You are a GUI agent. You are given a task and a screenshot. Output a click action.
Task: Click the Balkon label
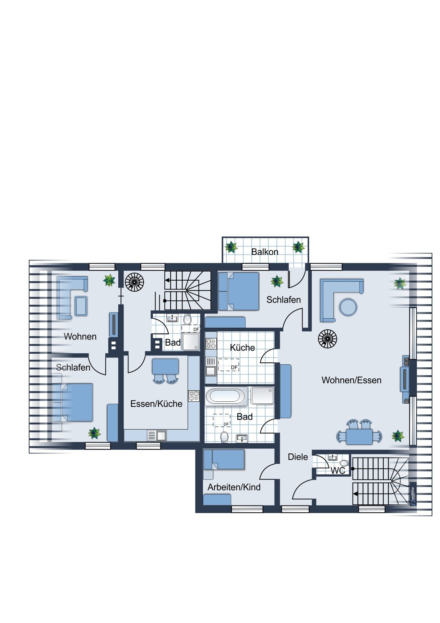[265, 252]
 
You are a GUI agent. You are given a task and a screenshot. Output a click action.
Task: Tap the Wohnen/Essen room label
[351, 380]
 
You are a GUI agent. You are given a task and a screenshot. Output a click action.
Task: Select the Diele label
[298, 457]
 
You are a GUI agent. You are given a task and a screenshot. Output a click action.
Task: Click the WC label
[338, 470]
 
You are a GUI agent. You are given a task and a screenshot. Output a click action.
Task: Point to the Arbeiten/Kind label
[234, 487]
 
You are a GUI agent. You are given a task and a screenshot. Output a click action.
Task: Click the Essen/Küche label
[156, 404]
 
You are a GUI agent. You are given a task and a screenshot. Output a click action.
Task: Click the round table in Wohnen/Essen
[348, 307]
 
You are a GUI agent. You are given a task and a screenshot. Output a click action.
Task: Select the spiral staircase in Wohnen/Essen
[327, 339]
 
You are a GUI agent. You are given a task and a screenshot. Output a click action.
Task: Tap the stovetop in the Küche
[211, 344]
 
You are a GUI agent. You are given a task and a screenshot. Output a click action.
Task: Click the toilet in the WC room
[344, 463]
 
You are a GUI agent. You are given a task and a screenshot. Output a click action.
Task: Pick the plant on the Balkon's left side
[231, 247]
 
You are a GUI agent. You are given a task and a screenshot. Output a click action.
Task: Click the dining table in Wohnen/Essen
[359, 436]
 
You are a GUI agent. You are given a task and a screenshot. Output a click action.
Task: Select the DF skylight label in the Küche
[234, 367]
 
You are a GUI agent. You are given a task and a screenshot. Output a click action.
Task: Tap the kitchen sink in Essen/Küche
[157, 435]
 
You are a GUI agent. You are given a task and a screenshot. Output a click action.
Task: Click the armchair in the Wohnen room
[81, 306]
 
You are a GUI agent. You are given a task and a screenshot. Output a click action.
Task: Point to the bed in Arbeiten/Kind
[224, 460]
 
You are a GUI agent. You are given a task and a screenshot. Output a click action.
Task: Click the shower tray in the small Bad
[191, 342]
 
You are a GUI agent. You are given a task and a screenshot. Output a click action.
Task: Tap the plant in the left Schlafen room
[94, 433]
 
